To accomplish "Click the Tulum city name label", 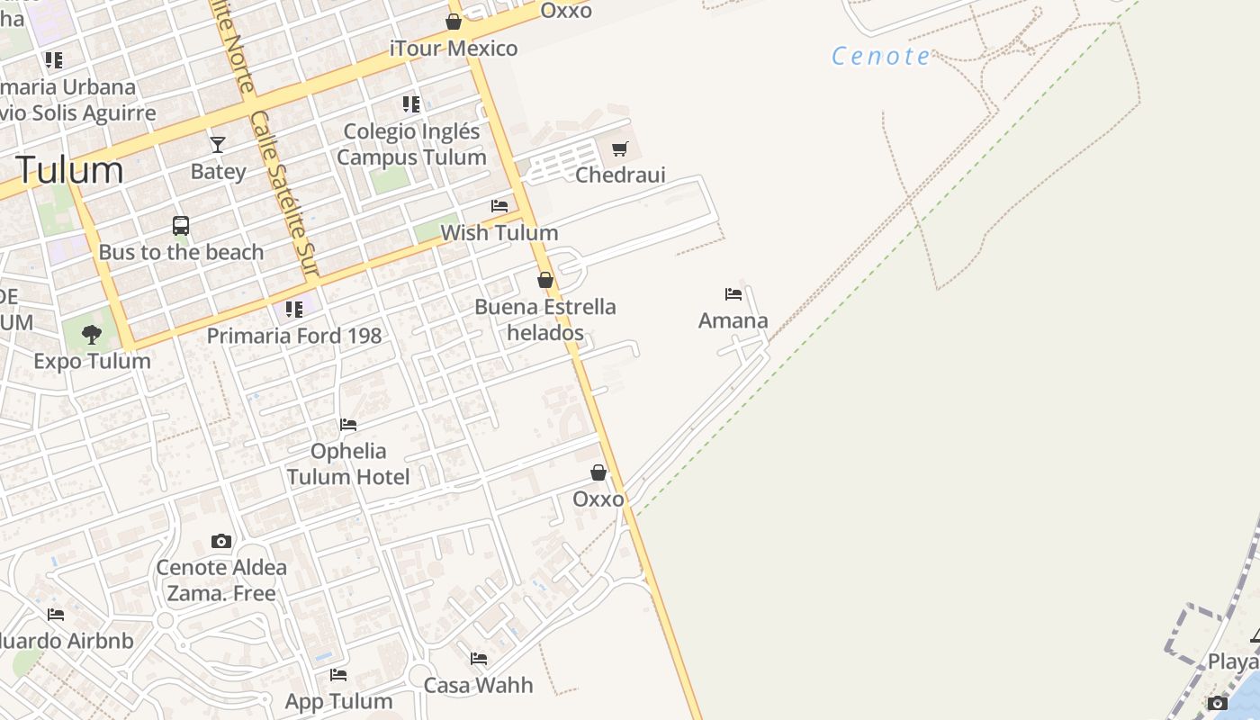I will pyautogui.click(x=69, y=170).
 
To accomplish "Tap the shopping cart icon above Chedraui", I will pyautogui.click(x=619, y=148).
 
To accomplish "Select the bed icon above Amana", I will pyautogui.click(x=733, y=293).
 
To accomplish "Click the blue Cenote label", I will pyautogui.click(x=881, y=56).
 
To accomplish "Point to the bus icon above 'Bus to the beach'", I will pyautogui.click(x=181, y=226).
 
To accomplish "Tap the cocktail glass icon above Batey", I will pyautogui.click(x=218, y=144).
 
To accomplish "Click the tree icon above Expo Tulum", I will pyautogui.click(x=91, y=335).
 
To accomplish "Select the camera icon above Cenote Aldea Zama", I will pyautogui.click(x=221, y=541).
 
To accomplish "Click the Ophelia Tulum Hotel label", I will pyautogui.click(x=348, y=463).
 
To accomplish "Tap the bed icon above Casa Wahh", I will pyautogui.click(x=479, y=659).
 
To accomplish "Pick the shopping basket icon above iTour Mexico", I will pyautogui.click(x=454, y=22).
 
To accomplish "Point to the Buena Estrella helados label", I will pyautogui.click(x=545, y=319).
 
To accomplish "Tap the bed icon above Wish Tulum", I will pyautogui.click(x=499, y=206).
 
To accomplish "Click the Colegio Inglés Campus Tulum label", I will pyautogui.click(x=412, y=144).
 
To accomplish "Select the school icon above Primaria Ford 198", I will pyautogui.click(x=293, y=310).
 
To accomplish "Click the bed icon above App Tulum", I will pyautogui.click(x=338, y=674).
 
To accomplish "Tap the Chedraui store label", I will pyautogui.click(x=620, y=175).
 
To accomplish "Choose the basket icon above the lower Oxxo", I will pyautogui.click(x=598, y=472).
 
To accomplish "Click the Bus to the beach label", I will pyautogui.click(x=181, y=252).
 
